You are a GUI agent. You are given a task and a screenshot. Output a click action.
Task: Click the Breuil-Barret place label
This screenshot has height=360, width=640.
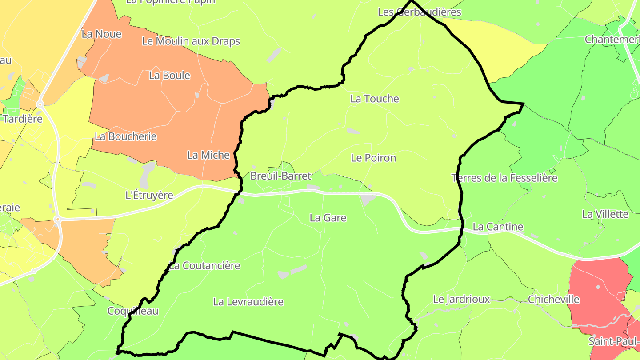(280, 176)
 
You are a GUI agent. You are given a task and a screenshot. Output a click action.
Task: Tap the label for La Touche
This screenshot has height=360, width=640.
(374, 99)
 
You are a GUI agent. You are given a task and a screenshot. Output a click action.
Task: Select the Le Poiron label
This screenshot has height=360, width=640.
(373, 158)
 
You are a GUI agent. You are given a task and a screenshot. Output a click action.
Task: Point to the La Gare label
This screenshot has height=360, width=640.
(328, 218)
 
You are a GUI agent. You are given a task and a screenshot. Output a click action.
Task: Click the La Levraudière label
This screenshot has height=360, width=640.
(248, 302)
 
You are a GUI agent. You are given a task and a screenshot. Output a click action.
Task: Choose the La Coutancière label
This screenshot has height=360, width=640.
(204, 266)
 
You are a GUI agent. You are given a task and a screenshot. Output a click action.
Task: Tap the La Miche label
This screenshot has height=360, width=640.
(208, 155)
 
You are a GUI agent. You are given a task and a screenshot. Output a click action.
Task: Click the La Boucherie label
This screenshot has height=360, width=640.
(125, 136)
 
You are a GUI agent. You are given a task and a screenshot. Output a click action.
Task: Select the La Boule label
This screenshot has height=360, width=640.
(169, 76)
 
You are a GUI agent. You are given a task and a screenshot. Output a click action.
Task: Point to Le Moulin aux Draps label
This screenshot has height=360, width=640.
(191, 41)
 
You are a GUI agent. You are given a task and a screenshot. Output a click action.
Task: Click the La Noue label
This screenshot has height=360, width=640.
(101, 34)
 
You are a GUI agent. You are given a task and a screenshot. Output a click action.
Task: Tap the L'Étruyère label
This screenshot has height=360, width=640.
(149, 195)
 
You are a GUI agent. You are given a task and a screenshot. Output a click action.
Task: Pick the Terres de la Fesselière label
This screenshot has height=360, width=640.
(504, 178)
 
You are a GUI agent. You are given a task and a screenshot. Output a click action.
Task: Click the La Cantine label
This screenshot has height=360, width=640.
(498, 227)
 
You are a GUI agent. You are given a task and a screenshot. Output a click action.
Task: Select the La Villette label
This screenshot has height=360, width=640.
(605, 214)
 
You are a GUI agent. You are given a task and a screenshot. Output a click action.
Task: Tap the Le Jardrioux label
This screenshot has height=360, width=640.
(461, 300)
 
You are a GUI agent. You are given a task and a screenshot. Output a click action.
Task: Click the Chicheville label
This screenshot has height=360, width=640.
(553, 300)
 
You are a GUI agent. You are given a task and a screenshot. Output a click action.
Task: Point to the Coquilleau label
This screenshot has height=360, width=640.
(132, 311)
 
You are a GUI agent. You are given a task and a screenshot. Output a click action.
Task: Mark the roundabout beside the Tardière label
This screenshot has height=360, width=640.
(40, 104)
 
